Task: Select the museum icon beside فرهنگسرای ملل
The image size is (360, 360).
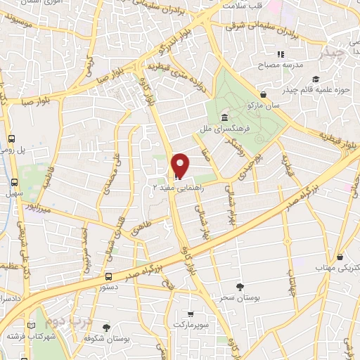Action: click(224, 117)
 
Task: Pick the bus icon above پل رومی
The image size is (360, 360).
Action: click(12, 139)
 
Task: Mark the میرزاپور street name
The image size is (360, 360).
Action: click(36, 208)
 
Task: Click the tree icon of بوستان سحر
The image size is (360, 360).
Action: click(240, 286)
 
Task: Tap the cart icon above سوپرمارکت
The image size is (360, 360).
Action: click(189, 314)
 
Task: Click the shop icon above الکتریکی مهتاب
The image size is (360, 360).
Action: click(340, 257)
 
